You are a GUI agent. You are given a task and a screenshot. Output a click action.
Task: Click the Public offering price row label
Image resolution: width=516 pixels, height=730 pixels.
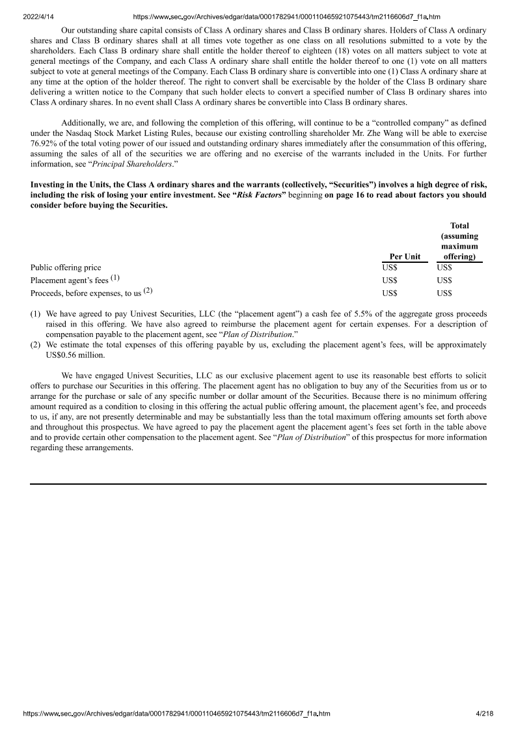pos(66,267)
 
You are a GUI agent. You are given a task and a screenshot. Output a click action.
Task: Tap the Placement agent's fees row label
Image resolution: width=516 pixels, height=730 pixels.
pos(69,280)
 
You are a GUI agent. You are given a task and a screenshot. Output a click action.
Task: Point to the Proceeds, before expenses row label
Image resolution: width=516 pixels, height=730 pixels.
pos(86,293)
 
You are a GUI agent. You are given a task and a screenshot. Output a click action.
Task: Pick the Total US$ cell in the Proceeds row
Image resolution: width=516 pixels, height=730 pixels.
pos(444,293)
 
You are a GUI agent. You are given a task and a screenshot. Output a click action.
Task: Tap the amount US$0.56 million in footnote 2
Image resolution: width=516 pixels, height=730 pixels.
pos(75,355)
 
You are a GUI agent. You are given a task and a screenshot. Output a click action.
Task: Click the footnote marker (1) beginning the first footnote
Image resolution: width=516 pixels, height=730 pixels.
pos(36,314)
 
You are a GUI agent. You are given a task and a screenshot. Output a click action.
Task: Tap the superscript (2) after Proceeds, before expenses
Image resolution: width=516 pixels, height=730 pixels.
pos(148,291)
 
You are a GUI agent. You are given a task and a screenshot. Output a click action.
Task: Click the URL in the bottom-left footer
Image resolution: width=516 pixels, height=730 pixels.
pos(176,714)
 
